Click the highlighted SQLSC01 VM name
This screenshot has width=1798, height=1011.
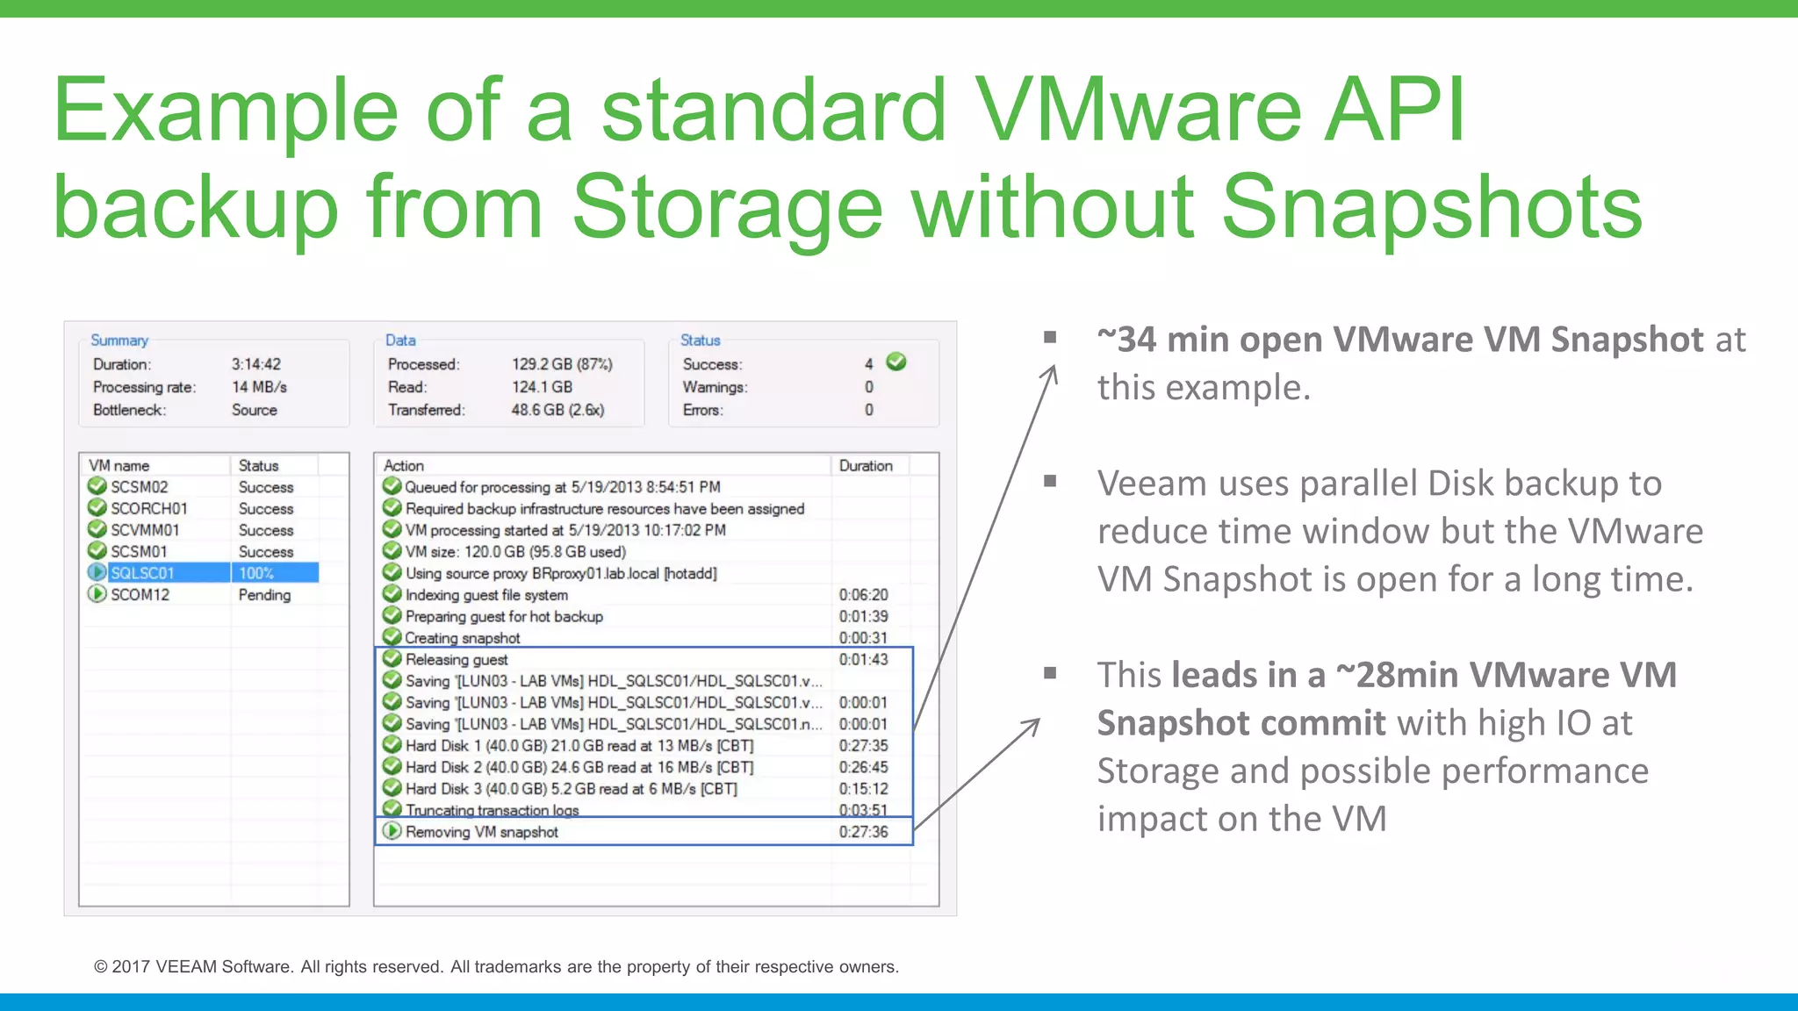click(x=142, y=573)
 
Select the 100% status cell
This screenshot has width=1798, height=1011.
click(x=256, y=573)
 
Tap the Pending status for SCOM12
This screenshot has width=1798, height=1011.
click(x=264, y=595)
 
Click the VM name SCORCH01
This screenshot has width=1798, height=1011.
click(x=148, y=509)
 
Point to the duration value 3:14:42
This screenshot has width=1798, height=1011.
click(x=256, y=364)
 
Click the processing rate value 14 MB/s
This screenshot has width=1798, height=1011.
click(x=259, y=387)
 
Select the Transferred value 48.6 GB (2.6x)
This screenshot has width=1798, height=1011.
click(x=557, y=410)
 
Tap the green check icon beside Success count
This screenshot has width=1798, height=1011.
click(x=896, y=362)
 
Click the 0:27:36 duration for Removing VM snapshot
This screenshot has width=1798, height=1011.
click(x=863, y=832)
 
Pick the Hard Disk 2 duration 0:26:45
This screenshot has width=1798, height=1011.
click(x=863, y=767)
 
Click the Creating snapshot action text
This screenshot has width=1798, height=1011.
click(x=463, y=638)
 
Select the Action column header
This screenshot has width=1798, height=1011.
click(x=404, y=466)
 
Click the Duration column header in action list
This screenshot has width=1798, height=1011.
click(x=866, y=466)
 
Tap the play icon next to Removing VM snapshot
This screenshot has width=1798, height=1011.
click(x=392, y=831)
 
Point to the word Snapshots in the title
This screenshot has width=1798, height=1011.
click(x=1431, y=207)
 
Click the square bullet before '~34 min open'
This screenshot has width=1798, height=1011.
click(x=1050, y=337)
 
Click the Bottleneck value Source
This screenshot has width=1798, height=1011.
click(x=255, y=410)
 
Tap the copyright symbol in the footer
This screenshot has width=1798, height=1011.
click(x=101, y=967)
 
